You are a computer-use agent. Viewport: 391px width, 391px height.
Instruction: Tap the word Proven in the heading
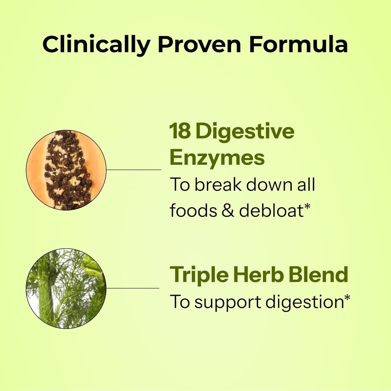click(200, 45)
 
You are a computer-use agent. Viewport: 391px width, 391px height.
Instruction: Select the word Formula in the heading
click(298, 45)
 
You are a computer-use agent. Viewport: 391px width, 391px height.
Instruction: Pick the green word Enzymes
click(217, 158)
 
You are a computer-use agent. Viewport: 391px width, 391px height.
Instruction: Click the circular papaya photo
click(66, 170)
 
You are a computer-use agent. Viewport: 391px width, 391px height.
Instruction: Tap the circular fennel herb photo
click(66, 288)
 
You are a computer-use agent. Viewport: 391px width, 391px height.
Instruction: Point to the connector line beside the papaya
click(134, 170)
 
